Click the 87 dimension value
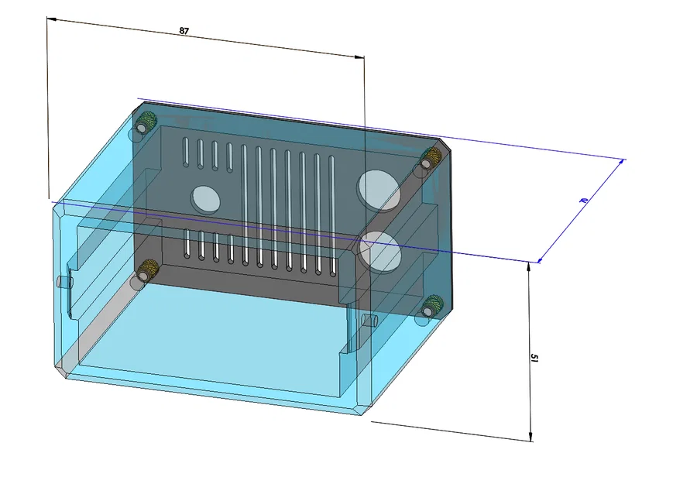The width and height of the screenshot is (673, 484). tap(184, 31)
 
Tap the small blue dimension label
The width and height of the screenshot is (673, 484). tap(583, 201)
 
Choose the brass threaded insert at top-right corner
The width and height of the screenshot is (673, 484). tap(427, 160)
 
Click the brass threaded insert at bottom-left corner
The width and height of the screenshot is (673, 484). tap(147, 270)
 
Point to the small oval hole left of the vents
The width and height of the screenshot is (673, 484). tap(206, 198)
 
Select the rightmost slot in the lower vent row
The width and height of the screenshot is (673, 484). tap(333, 256)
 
